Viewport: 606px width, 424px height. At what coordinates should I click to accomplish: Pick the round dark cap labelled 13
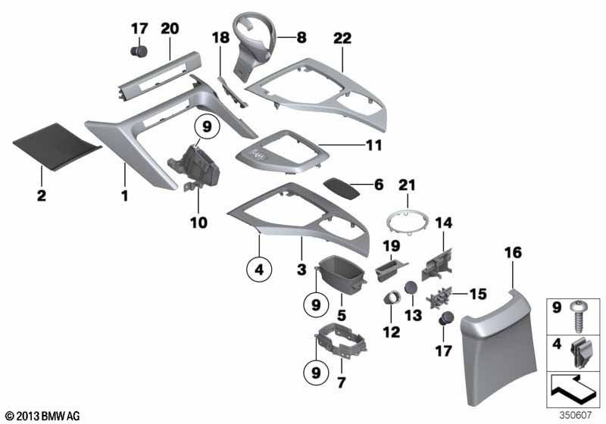(410, 288)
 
